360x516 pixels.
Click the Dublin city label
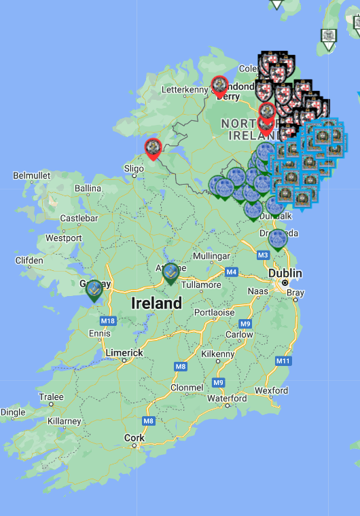point(285,272)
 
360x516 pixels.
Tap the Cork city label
point(134,438)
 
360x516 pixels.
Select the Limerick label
point(124,353)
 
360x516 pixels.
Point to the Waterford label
point(227,399)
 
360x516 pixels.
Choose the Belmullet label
point(32,175)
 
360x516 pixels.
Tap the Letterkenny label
point(185,90)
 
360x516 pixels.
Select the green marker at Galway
point(94,290)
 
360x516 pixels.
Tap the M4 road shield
point(232,272)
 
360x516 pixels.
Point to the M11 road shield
point(283,361)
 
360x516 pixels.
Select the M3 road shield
point(263,255)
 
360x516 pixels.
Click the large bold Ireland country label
point(157,303)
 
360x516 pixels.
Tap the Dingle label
point(13,412)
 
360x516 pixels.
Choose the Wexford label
point(271,390)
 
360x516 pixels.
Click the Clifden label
point(29,260)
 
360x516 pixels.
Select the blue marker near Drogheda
point(277,240)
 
